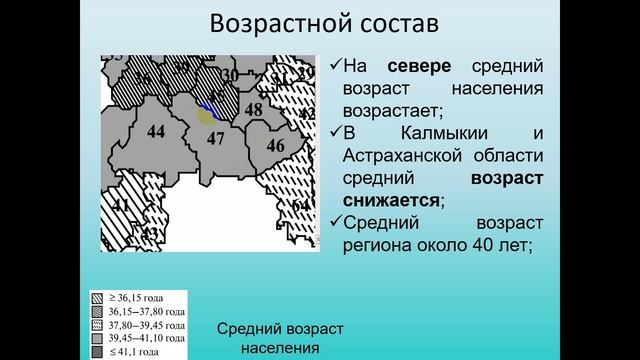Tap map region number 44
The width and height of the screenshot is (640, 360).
(x=155, y=131)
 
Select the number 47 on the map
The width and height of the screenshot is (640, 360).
(x=216, y=139)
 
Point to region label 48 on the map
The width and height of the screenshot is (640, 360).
(x=254, y=110)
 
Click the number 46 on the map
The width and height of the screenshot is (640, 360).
(x=276, y=146)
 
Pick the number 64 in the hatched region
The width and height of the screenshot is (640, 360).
(x=300, y=205)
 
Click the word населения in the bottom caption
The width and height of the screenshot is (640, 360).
(x=280, y=348)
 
